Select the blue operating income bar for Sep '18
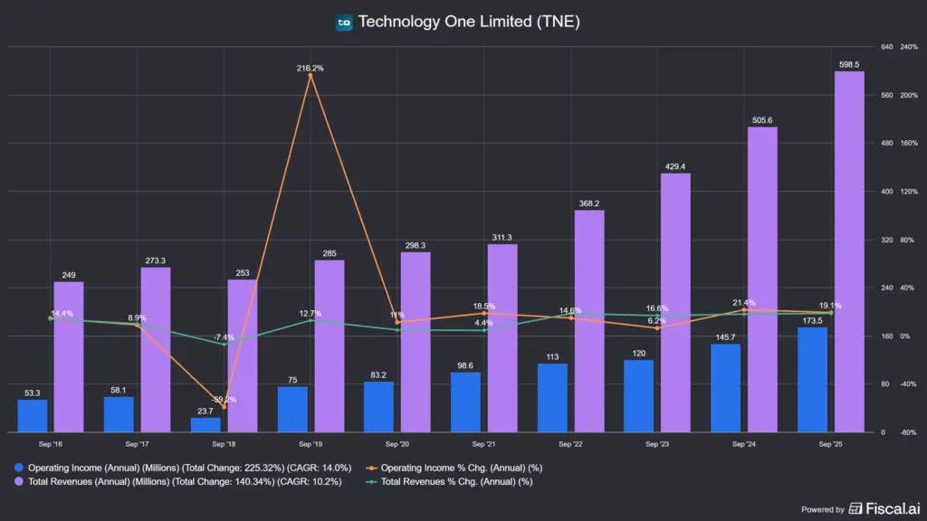pyautogui.click(x=205, y=424)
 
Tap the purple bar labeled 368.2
pyautogui.click(x=588, y=320)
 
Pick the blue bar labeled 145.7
pyautogui.click(x=726, y=387)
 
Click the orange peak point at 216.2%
pyautogui.click(x=311, y=76)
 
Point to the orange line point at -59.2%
pyautogui.click(x=224, y=407)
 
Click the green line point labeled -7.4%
pyautogui.click(x=224, y=344)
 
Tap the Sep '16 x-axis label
pyautogui.click(x=51, y=444)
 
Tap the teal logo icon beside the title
pyautogui.click(x=344, y=23)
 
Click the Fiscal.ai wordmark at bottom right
pyautogui.click(x=886, y=509)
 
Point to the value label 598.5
pyautogui.click(x=848, y=64)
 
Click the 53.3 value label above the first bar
pyautogui.click(x=32, y=393)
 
